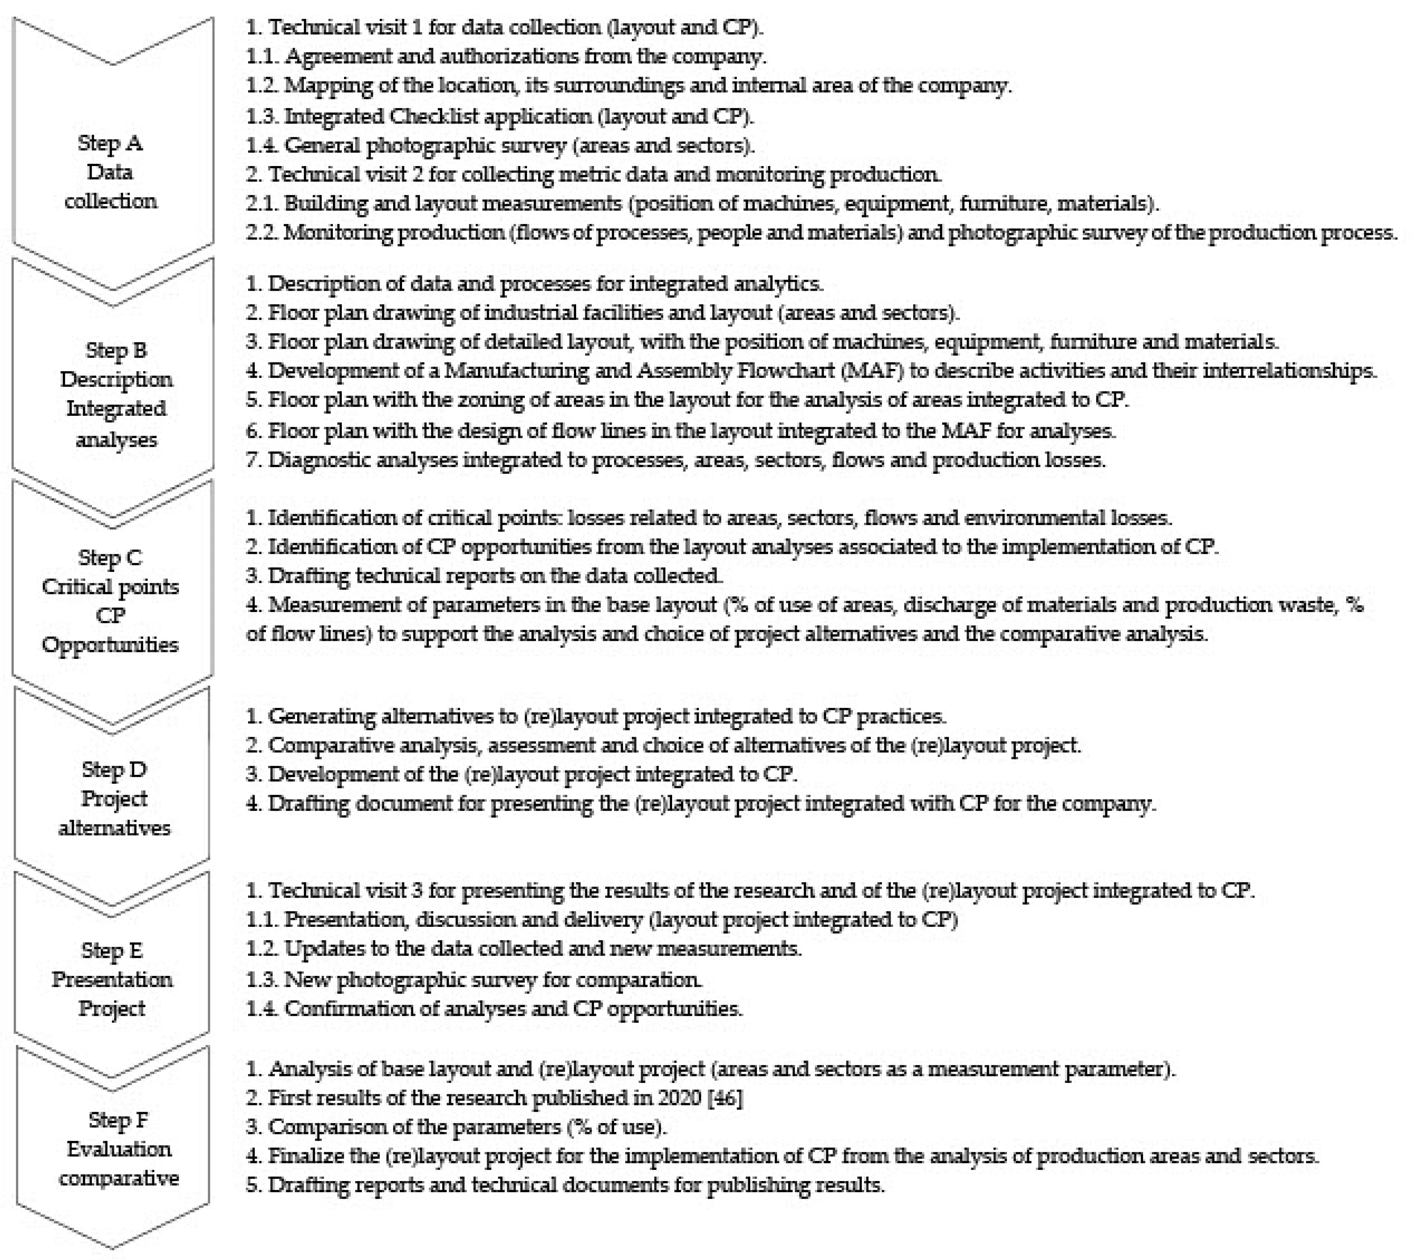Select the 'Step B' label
[x=116, y=351]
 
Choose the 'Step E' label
[x=111, y=950]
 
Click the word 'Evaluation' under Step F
[x=118, y=1149]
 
